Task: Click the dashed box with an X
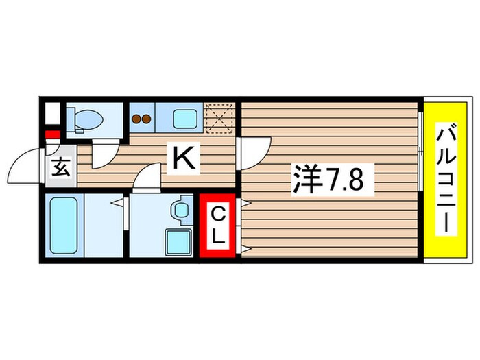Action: [221, 116]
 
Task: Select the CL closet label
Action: [217, 227]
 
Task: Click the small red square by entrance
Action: [50, 134]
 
